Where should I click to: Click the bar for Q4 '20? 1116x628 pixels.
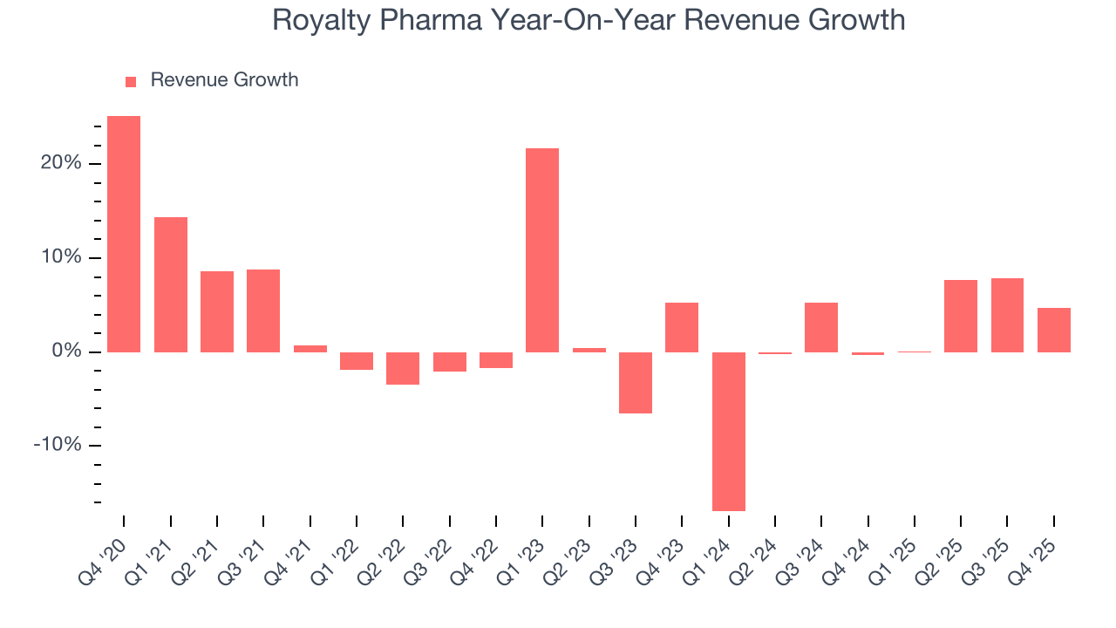124,234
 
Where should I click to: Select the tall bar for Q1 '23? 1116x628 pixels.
542,250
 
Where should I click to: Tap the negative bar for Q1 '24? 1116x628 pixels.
728,431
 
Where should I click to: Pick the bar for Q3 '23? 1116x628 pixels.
636,382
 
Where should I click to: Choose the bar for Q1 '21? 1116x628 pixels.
171,284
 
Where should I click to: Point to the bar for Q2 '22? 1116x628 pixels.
403,368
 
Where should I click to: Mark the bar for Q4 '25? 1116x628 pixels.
1053,330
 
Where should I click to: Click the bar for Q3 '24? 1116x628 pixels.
821,327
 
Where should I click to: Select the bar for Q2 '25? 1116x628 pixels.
961,316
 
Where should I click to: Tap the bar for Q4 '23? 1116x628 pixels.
682,327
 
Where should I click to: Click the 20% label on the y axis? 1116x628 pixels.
61,164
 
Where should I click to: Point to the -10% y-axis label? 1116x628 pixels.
58,446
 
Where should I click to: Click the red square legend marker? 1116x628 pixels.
131,81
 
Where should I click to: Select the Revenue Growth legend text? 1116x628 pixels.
224,80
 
